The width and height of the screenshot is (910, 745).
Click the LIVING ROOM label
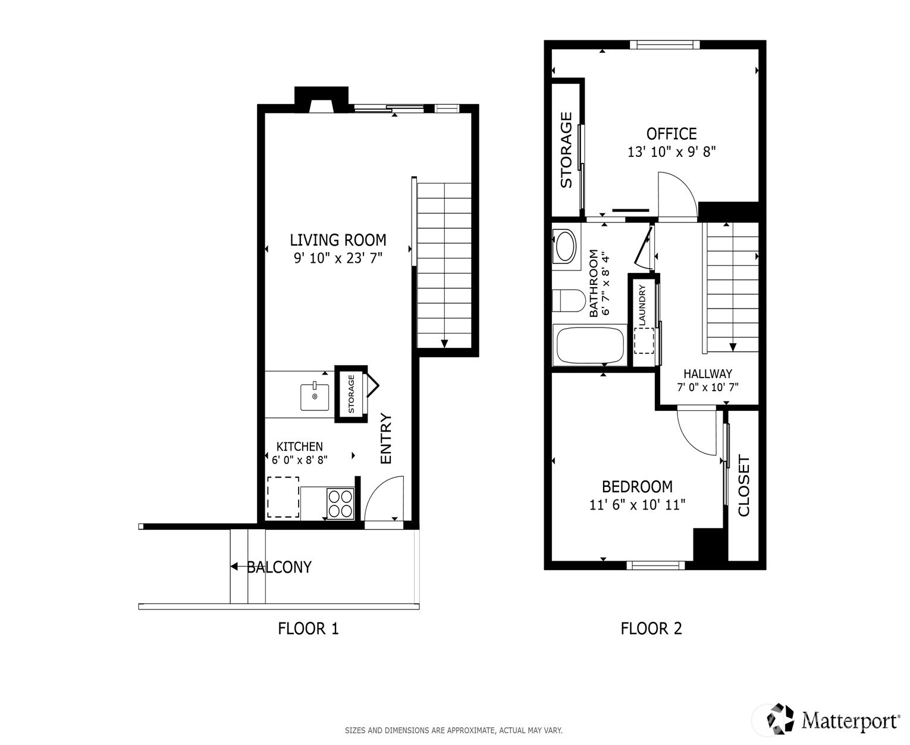(337, 240)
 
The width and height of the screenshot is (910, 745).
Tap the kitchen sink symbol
(314, 397)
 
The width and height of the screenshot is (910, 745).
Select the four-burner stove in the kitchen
(340, 504)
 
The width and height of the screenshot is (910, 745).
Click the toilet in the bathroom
(568, 300)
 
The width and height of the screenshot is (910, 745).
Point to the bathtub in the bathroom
(590, 345)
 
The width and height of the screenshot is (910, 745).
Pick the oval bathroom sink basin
(565, 246)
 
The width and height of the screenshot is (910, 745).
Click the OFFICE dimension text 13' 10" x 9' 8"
(671, 152)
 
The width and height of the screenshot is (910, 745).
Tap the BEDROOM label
(637, 486)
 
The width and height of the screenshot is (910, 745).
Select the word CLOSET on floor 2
(744, 485)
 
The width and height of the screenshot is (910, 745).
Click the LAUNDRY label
(642, 305)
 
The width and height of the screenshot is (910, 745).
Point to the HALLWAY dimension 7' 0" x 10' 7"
(707, 387)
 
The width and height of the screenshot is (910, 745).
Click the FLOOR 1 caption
(308, 628)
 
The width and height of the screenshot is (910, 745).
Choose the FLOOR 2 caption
(651, 628)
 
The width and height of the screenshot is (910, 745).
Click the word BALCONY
(279, 567)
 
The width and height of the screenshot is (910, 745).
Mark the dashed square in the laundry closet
(644, 341)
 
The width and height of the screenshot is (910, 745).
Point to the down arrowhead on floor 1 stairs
(444, 344)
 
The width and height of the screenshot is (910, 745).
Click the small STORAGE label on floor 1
(351, 394)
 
